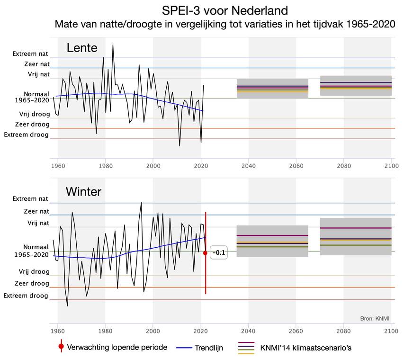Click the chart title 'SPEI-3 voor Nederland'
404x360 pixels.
click(224, 10)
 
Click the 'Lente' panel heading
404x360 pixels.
click(82, 48)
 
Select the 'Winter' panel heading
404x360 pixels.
click(83, 191)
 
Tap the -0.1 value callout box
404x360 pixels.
click(219, 253)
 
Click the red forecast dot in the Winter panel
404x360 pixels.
click(205, 253)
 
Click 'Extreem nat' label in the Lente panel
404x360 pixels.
click(31, 54)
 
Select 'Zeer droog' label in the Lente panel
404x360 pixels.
click(32, 124)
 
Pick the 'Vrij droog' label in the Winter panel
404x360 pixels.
click(34, 272)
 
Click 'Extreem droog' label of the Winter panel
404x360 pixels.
click(27, 296)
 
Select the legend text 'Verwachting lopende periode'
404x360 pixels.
click(117, 347)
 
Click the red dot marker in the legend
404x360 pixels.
click(61, 347)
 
